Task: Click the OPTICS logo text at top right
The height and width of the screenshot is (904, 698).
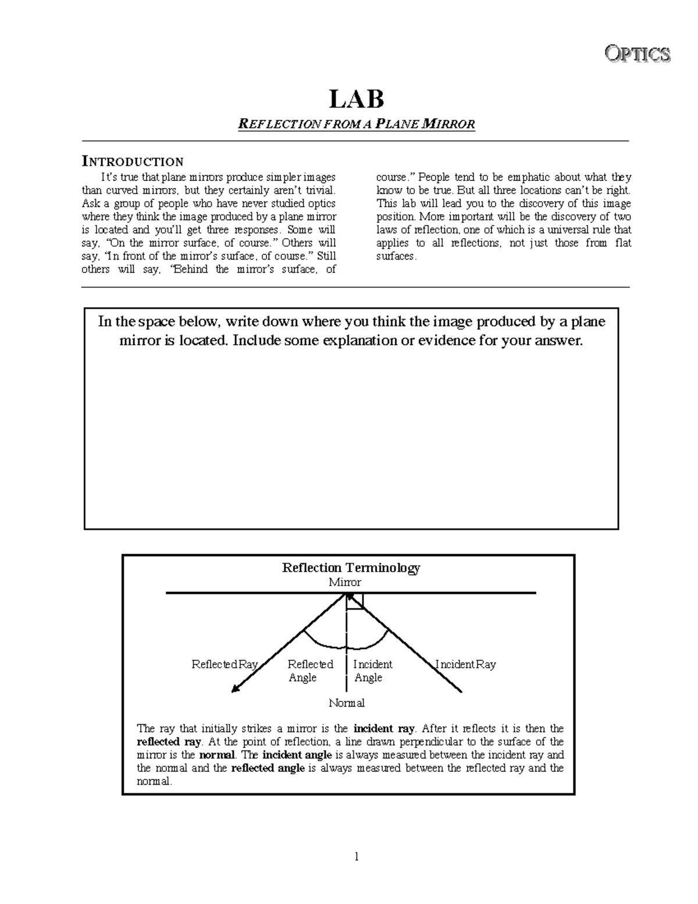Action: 638,54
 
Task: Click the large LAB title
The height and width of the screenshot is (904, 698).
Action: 357,99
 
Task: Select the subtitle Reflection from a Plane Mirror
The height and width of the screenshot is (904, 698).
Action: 357,124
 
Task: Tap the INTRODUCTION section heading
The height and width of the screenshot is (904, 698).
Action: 133,161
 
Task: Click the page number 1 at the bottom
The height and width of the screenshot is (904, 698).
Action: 357,856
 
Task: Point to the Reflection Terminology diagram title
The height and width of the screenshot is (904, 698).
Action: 351,568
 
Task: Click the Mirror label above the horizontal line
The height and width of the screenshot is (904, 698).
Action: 344,582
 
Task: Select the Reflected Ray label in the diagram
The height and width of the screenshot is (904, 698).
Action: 225,664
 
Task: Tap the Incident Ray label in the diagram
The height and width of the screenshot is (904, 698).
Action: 466,664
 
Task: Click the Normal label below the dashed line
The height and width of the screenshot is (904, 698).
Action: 347,703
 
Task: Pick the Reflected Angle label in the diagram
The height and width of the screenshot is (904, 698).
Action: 310,671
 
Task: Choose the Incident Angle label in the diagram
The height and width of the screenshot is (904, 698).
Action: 372,671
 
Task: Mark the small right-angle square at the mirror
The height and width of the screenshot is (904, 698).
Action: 355,601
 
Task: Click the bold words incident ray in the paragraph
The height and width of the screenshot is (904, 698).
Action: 384,728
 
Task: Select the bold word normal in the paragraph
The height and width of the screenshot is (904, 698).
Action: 217,755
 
